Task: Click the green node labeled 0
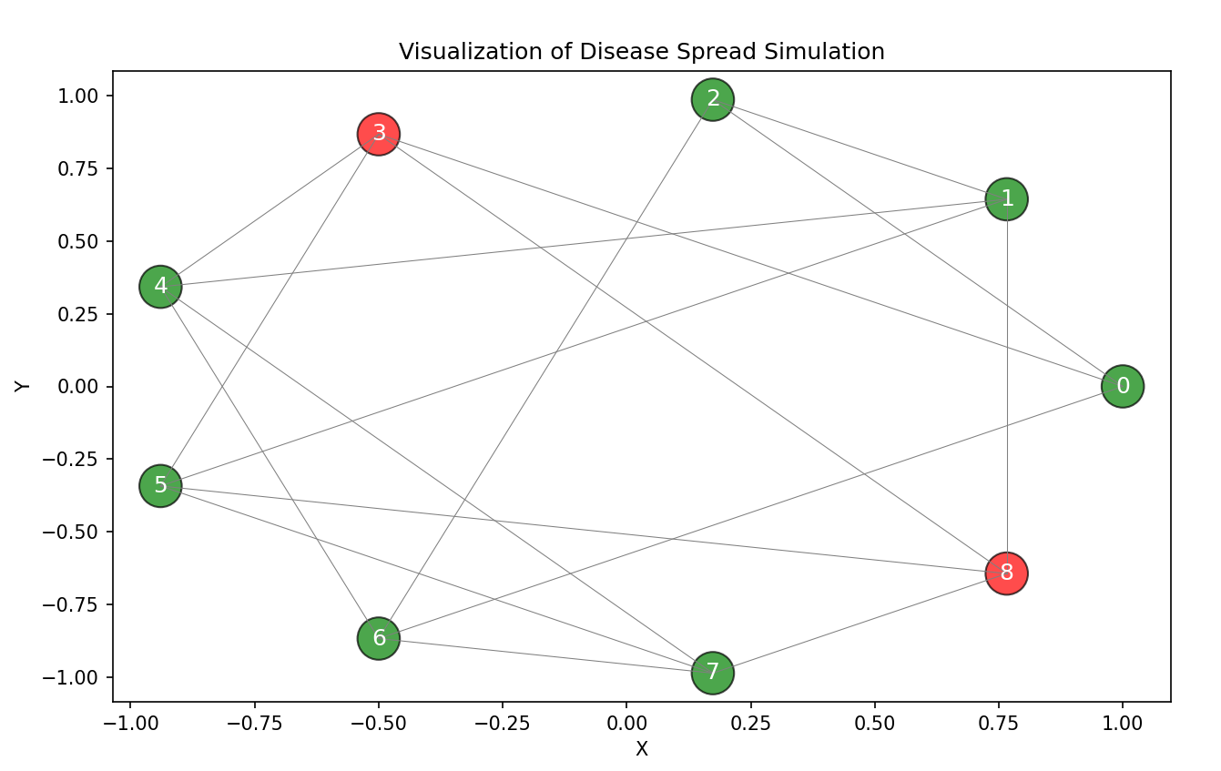(1122, 386)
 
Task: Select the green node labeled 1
(1006, 198)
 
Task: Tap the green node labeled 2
(712, 99)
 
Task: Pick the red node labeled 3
(378, 135)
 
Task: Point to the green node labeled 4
(160, 287)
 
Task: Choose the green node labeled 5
(160, 485)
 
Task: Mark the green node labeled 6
(378, 638)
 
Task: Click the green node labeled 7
(712, 673)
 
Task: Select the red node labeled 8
(1006, 573)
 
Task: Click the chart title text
(641, 52)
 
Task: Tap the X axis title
(641, 749)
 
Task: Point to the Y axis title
(23, 386)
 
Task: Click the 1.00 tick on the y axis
(84, 96)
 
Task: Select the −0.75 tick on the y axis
(77, 604)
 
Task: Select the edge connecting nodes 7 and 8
(860, 623)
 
